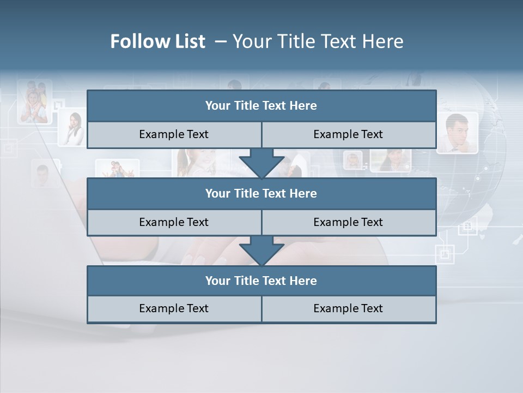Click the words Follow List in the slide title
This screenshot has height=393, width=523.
[x=157, y=41]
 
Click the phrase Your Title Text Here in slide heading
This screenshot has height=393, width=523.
[x=318, y=41]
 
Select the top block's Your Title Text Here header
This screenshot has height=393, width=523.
[x=261, y=106]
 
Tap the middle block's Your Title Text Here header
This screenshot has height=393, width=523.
[x=261, y=193]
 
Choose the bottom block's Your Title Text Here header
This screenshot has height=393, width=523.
[x=261, y=281]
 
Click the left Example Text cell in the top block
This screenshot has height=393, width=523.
[x=174, y=134]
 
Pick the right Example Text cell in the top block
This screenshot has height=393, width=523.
[x=348, y=134]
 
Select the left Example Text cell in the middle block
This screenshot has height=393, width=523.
[x=174, y=222]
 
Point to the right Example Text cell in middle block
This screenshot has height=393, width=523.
[x=348, y=222]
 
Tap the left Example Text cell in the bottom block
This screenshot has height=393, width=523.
[x=174, y=308]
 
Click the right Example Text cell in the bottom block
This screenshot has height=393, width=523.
[x=348, y=308]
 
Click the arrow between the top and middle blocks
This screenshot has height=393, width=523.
[x=261, y=163]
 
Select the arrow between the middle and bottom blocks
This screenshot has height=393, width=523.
[x=261, y=251]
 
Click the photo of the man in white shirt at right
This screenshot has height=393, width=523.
[x=457, y=133]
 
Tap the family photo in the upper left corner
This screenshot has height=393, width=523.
[x=34, y=102]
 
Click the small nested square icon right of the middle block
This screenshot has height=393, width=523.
[x=445, y=254]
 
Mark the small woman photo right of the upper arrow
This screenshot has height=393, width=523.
[x=353, y=160]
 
